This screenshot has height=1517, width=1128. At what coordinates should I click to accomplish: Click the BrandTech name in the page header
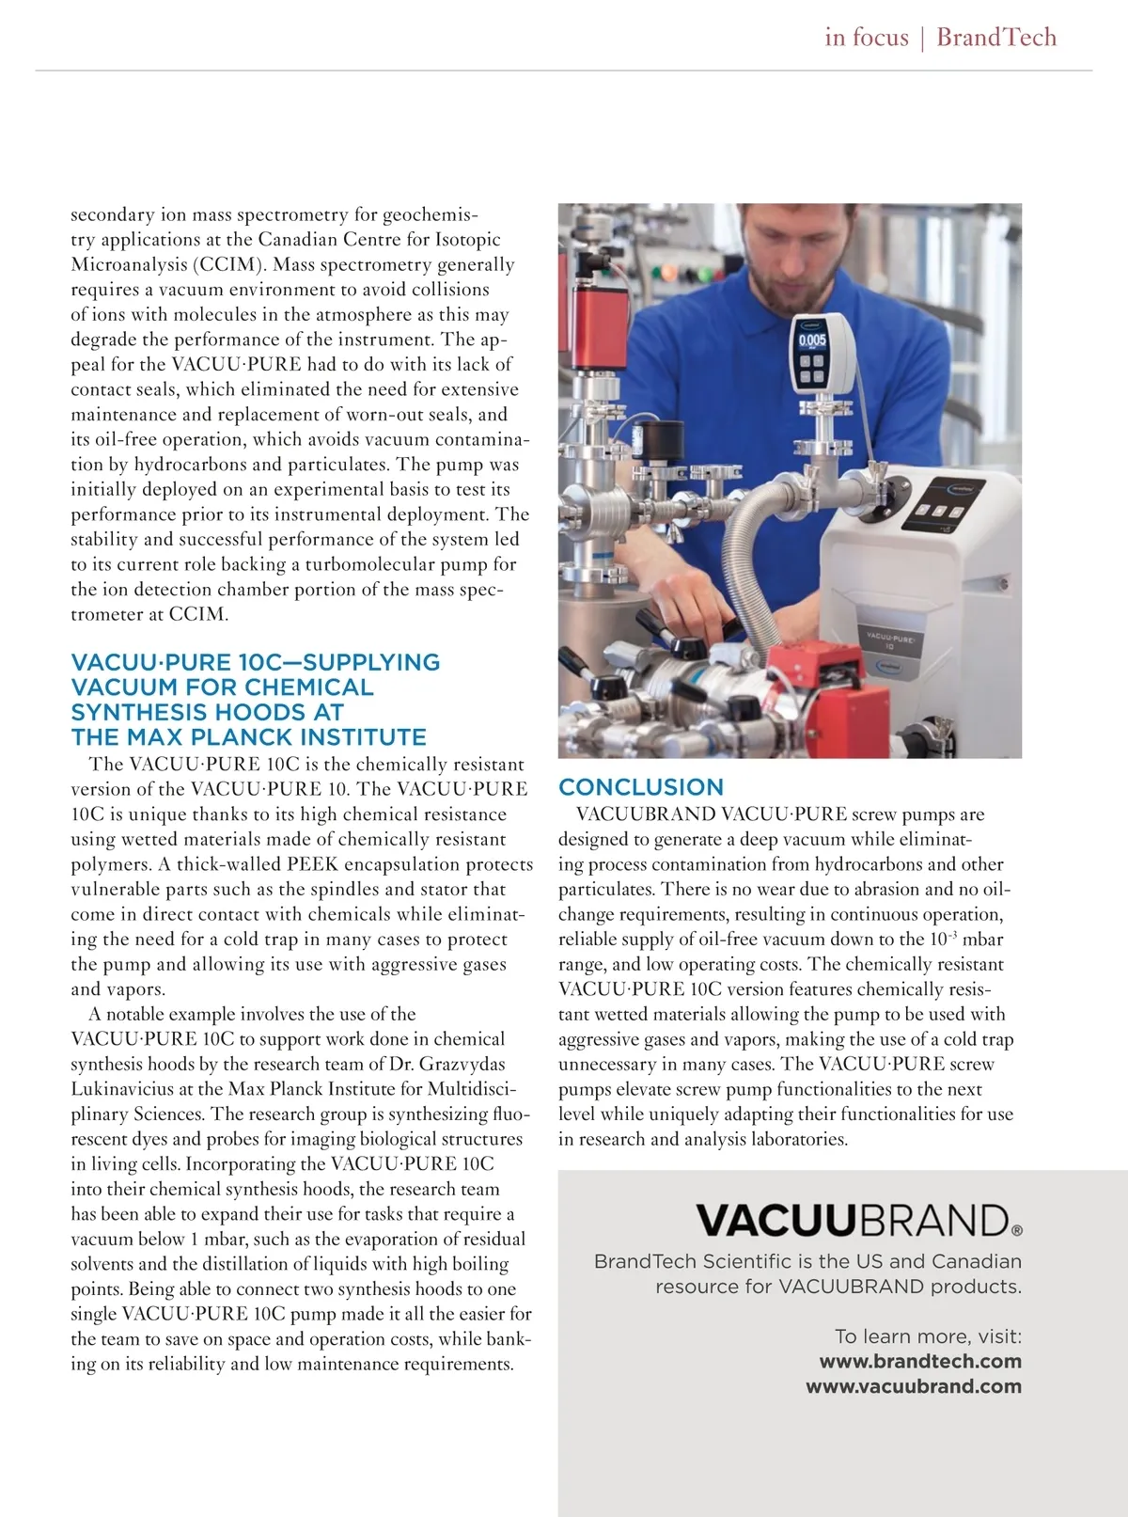click(996, 38)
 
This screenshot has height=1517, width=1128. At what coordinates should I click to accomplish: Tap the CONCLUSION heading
click(641, 787)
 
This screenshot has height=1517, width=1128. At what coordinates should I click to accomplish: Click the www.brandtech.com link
click(920, 1361)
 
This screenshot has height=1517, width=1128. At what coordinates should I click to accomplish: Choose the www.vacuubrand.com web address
click(914, 1386)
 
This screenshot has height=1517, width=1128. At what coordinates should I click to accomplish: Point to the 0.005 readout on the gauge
click(812, 340)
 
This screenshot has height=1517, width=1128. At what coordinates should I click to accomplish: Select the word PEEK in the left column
click(314, 864)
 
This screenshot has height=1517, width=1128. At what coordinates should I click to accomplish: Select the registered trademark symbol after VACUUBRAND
click(1017, 1229)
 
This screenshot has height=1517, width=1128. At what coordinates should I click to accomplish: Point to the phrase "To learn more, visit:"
click(928, 1336)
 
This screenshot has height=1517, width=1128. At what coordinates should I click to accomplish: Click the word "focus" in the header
click(880, 38)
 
